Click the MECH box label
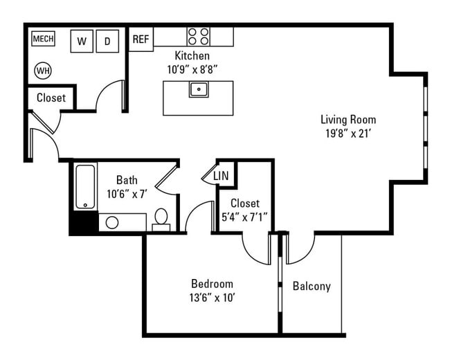(x=43, y=39)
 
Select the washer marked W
(x=82, y=42)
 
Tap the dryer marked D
(x=107, y=42)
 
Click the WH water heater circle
(x=43, y=70)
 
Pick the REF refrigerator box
(x=141, y=39)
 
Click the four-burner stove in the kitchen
(x=199, y=36)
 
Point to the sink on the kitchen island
(x=199, y=89)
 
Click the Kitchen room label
(x=192, y=55)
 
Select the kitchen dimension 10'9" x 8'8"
(x=192, y=69)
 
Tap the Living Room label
(x=348, y=119)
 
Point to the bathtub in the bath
(x=85, y=186)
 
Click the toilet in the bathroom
(x=161, y=219)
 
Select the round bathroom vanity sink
(x=112, y=223)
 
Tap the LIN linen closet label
(x=222, y=177)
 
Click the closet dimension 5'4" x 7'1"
(x=244, y=217)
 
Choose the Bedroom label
(x=212, y=284)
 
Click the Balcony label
(x=312, y=286)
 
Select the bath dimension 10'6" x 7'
(x=126, y=194)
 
